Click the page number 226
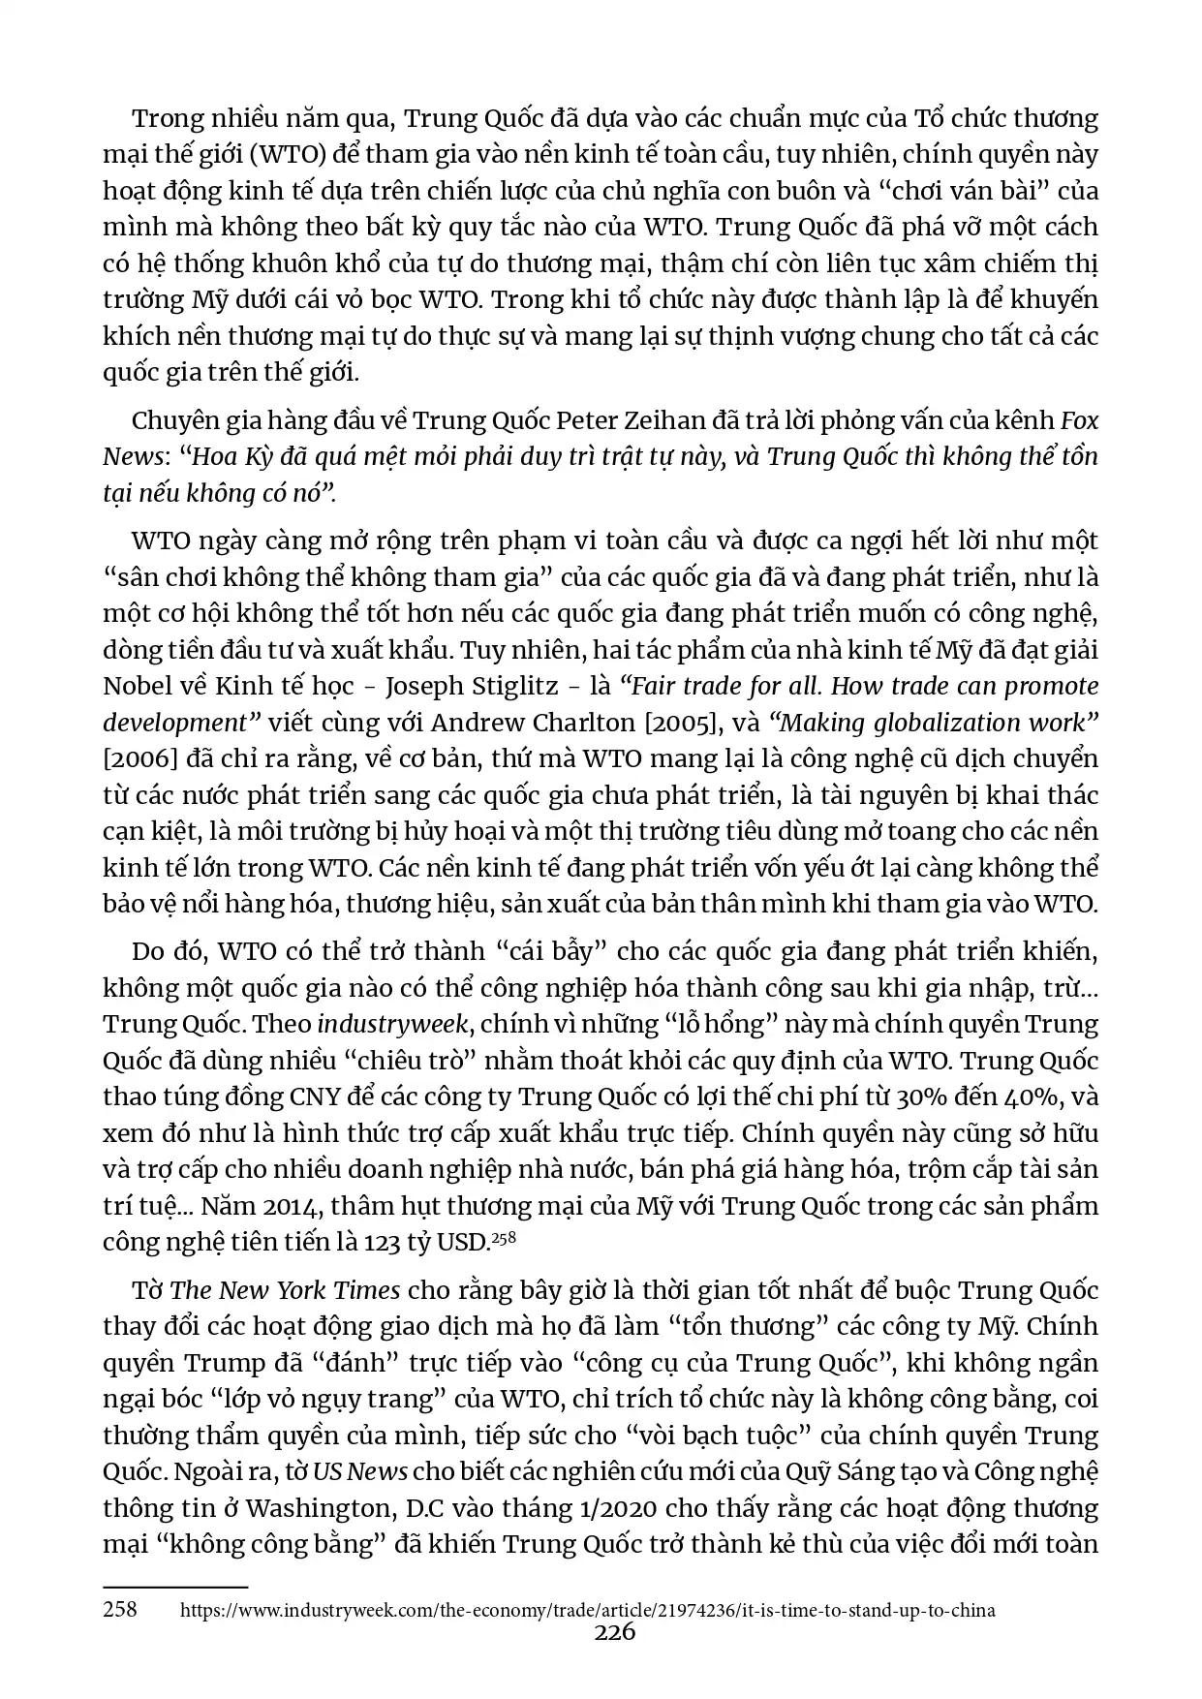[614, 1633]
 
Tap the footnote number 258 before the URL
[120, 1610]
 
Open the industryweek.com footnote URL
[588, 1611]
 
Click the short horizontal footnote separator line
[175, 1587]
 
